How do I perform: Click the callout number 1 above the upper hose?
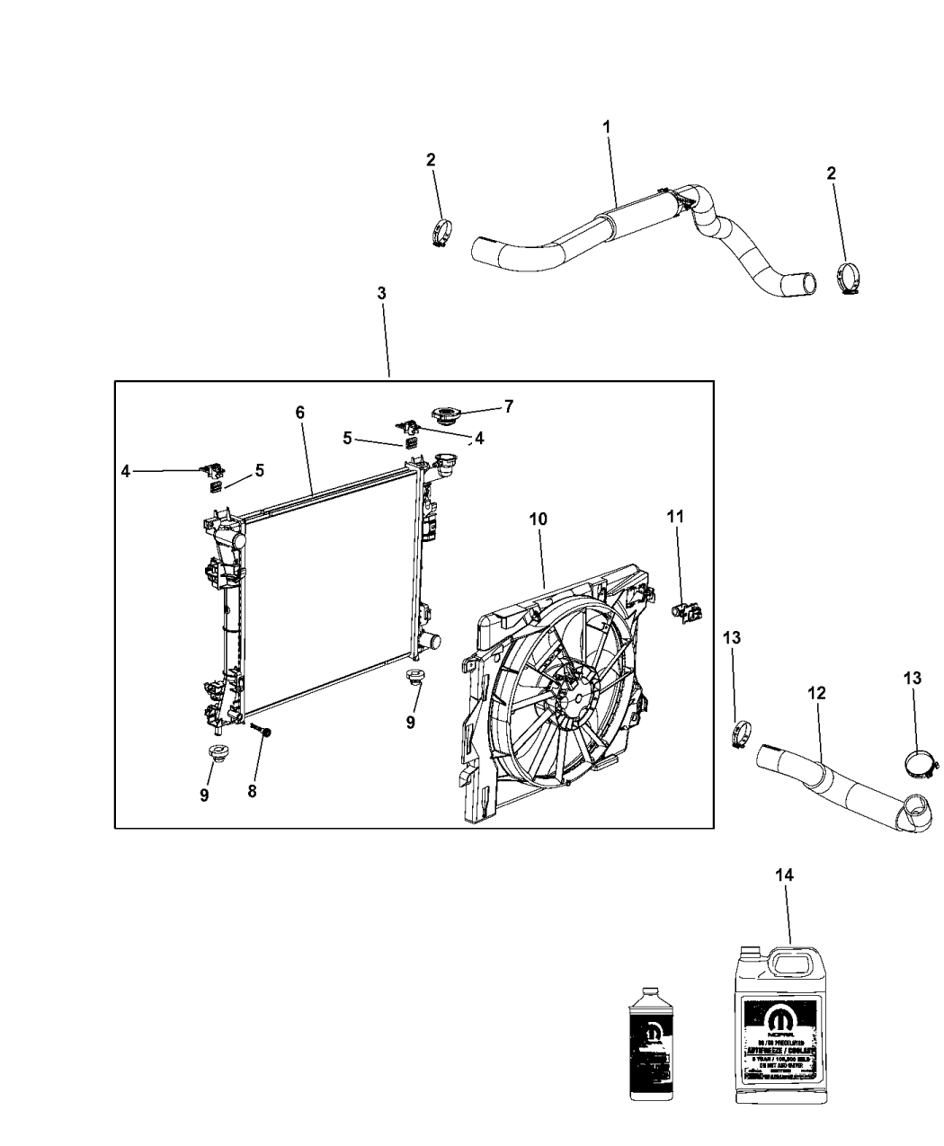(x=606, y=128)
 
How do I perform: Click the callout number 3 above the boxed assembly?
(x=381, y=293)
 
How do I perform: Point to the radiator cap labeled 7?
(x=445, y=417)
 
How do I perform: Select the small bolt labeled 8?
(x=265, y=734)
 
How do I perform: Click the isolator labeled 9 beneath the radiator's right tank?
(x=415, y=677)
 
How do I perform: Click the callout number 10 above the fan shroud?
(x=538, y=519)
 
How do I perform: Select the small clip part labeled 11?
(x=688, y=612)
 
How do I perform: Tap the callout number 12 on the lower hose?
(x=816, y=693)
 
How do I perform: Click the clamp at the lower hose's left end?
(x=743, y=734)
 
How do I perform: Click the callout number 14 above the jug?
(x=786, y=875)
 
